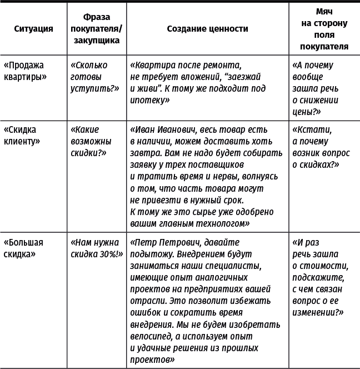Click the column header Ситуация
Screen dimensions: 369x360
tap(33, 29)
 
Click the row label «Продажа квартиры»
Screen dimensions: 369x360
tap(26, 71)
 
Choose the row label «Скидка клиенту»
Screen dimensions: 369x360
tap(23, 135)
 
